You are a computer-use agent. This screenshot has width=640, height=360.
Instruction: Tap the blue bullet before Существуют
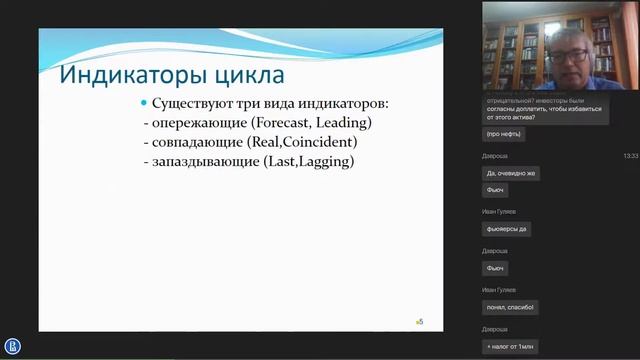(144, 104)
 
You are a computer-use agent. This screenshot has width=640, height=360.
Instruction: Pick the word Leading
(345, 123)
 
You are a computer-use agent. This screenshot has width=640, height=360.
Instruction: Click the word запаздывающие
(202, 161)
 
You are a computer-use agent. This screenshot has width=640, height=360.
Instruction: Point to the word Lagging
(324, 161)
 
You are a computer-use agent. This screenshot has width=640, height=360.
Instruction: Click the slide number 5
(421, 321)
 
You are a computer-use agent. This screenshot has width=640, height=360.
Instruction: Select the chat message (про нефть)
(504, 133)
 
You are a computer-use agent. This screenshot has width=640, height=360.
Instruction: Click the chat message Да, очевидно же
(510, 173)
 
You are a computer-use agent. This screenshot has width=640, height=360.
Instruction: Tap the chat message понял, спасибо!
(510, 306)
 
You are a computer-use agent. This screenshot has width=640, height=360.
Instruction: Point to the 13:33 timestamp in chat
(630, 156)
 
